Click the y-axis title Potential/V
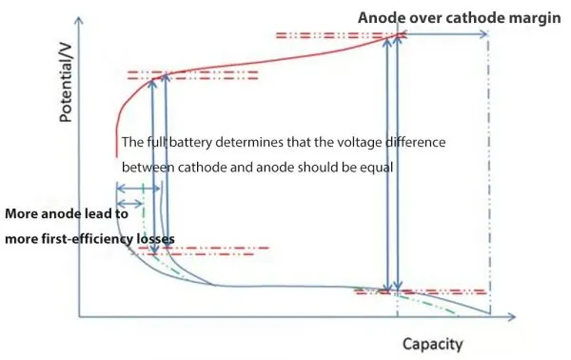[67, 90]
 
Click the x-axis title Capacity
[433, 343]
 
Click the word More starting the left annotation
[22, 214]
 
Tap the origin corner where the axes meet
[80, 315]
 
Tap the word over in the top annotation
[420, 18]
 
